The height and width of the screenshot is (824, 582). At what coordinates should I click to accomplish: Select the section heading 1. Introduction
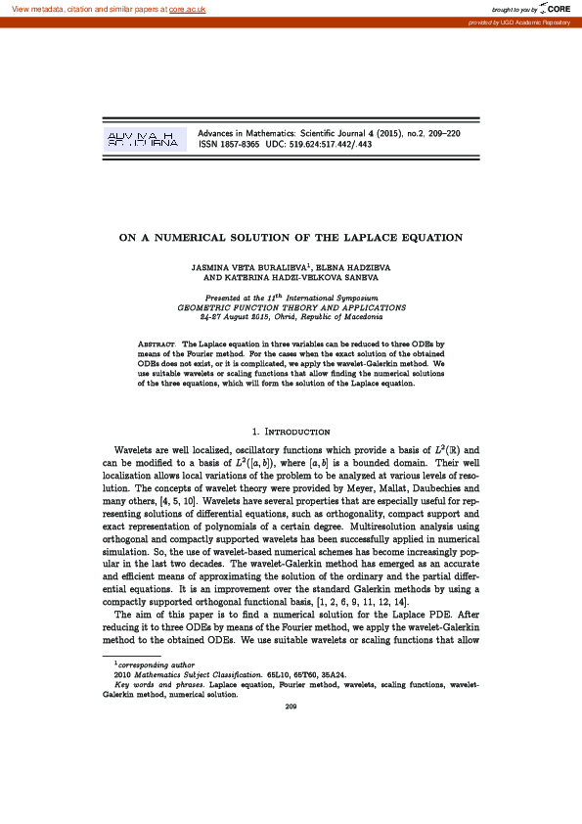click(x=291, y=432)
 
